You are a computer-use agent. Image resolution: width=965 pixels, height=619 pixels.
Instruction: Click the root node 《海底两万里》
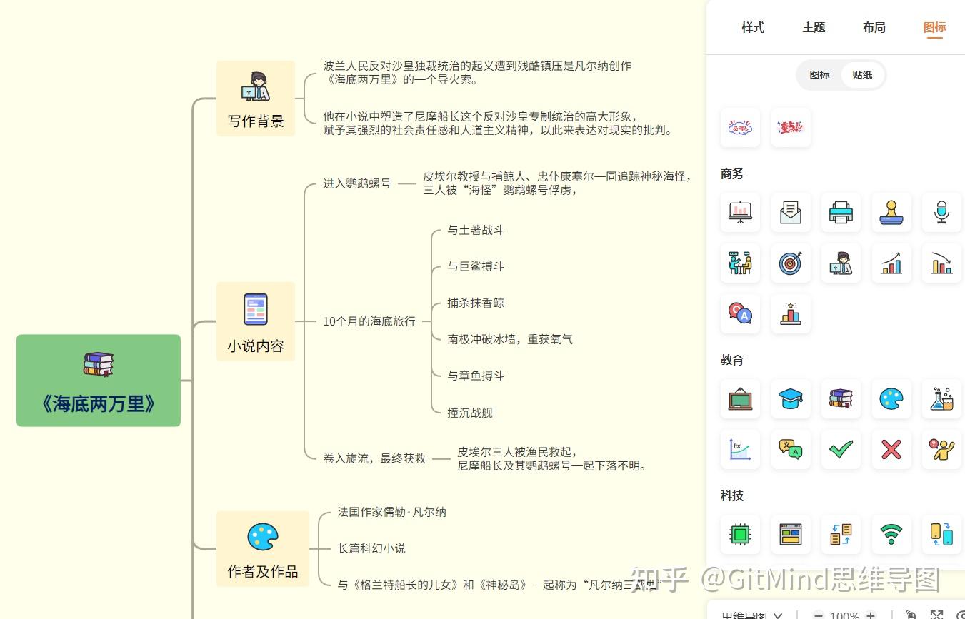coord(99,381)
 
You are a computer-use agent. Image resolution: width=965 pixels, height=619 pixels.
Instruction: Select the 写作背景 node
coord(256,99)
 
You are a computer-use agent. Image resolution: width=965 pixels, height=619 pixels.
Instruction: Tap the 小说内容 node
coord(256,321)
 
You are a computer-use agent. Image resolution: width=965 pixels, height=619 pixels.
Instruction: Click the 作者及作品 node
coord(263,548)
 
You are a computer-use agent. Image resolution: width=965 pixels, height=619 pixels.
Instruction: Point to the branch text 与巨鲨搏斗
coord(476,266)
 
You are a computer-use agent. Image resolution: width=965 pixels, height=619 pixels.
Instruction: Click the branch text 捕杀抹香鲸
coord(476,303)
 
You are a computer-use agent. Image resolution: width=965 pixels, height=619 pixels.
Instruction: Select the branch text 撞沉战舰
coord(470,412)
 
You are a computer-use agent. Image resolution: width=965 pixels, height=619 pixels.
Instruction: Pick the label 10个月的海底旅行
coord(369,321)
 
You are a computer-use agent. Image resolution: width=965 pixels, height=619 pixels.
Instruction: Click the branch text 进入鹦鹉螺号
coord(356,183)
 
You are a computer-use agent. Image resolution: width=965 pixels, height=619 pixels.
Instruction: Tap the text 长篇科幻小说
coord(371,548)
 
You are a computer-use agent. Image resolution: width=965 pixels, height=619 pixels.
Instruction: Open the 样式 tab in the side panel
coord(753,27)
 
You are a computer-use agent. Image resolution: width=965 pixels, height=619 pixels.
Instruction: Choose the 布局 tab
coord(874,27)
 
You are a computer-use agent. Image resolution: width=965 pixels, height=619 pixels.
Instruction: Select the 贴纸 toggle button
coord(862,75)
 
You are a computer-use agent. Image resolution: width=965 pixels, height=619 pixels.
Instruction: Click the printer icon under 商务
coord(841,212)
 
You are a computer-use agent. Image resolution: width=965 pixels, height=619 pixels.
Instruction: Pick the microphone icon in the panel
coord(941,212)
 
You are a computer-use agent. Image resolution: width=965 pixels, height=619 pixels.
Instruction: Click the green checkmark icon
coord(841,449)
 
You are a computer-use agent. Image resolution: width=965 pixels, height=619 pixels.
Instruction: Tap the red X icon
coord(891,449)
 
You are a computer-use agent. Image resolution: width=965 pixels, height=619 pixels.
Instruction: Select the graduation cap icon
coord(791,398)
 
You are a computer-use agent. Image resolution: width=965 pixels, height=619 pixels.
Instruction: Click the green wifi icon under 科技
coord(891,534)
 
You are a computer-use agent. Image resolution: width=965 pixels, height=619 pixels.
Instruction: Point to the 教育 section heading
coord(732,360)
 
